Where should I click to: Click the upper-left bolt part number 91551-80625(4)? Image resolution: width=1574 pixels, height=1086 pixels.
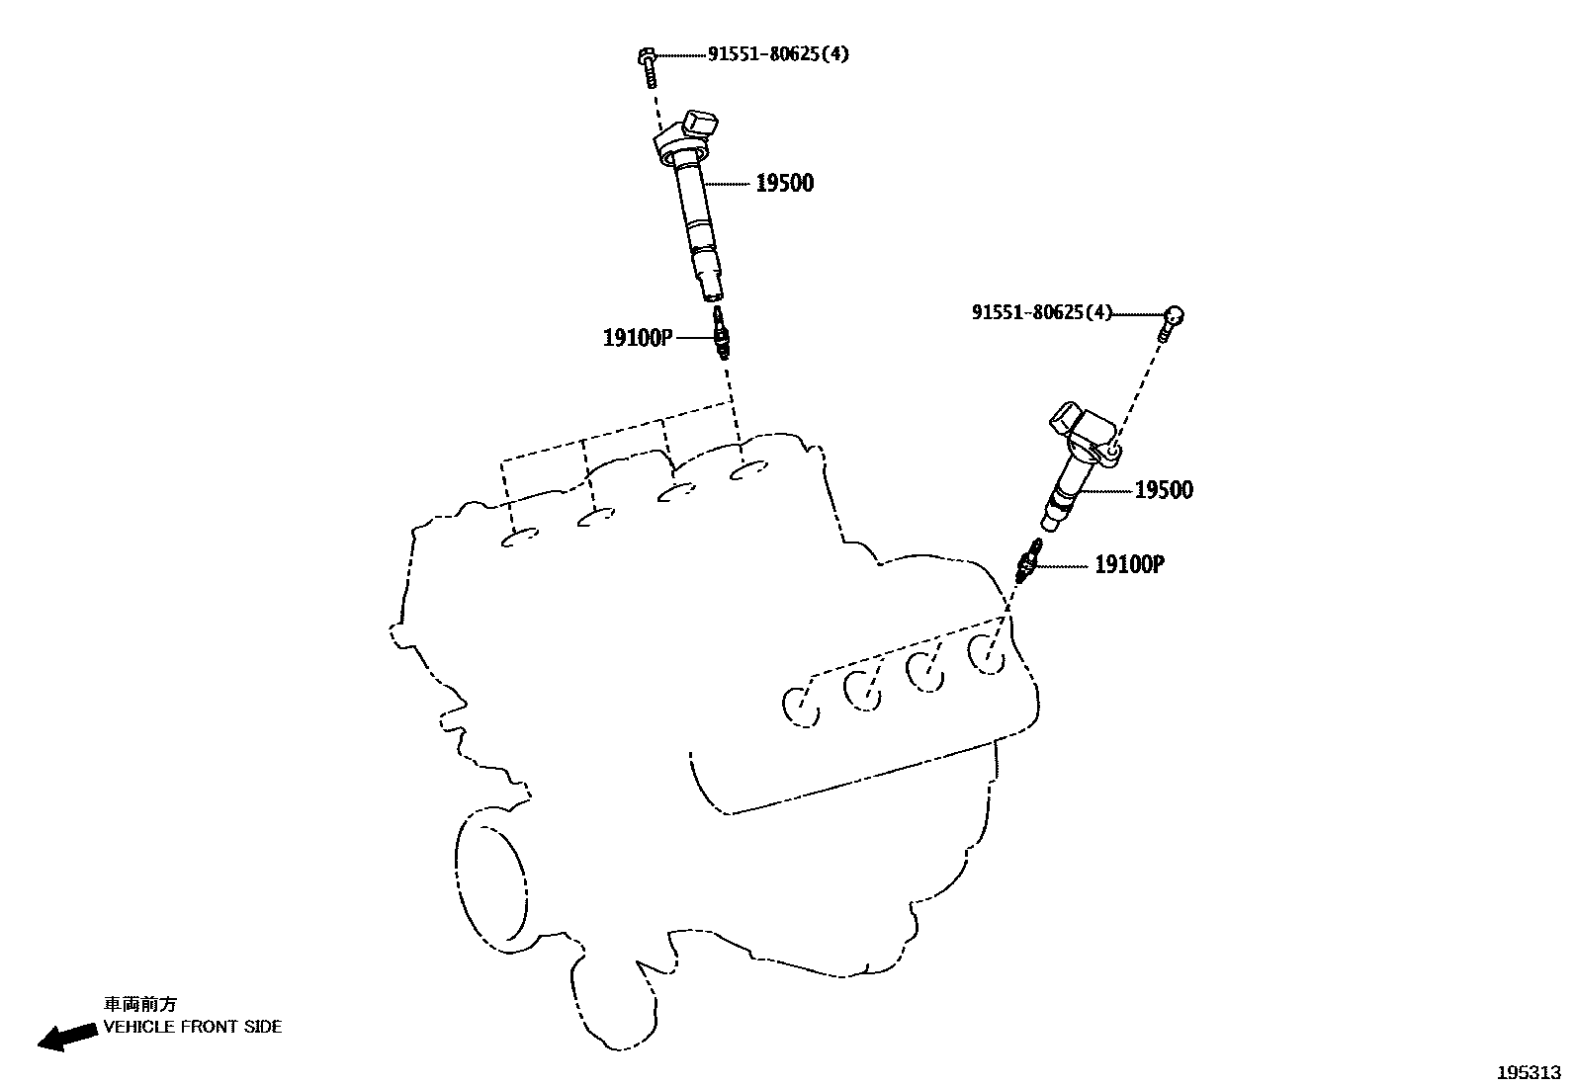(777, 54)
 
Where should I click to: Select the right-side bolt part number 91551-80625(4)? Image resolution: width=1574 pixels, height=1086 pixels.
(1041, 313)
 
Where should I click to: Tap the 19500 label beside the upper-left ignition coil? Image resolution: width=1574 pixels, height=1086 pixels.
(784, 183)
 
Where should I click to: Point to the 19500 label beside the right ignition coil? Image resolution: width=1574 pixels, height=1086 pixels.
(1164, 490)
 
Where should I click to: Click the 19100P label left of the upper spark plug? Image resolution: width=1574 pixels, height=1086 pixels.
(638, 339)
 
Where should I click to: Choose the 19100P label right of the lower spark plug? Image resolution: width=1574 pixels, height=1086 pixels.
(1129, 565)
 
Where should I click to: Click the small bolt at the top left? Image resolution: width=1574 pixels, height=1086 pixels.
(647, 66)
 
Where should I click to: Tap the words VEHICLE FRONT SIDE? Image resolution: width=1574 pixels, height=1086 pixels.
(193, 1027)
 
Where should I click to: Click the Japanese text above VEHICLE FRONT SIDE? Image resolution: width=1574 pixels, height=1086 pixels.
(140, 1004)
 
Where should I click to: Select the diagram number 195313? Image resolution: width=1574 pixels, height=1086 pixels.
(1529, 1072)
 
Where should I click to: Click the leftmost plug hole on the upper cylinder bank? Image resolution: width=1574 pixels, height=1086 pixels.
(520, 537)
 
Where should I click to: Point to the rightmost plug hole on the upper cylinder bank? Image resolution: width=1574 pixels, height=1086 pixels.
(749, 472)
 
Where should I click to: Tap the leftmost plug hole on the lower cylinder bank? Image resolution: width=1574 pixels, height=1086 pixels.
(801, 707)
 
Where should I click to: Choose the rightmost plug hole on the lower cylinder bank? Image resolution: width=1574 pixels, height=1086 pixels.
(987, 653)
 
